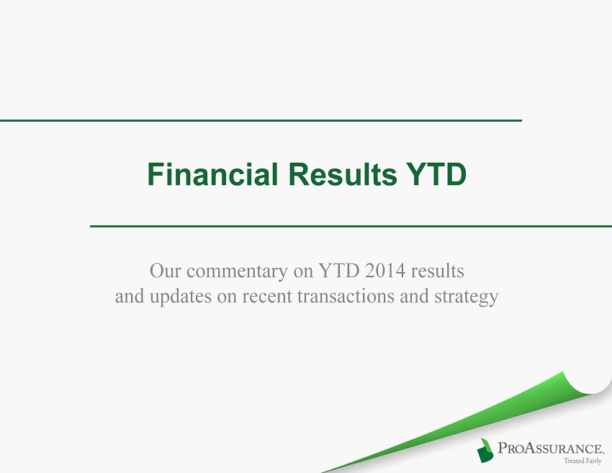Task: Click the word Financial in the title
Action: [x=212, y=174]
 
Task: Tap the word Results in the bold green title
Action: [x=343, y=174]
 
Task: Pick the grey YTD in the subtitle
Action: [x=339, y=271]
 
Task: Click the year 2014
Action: [x=385, y=271]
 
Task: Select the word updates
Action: [x=180, y=297]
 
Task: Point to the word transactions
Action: [x=346, y=296]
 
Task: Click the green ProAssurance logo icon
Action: [x=485, y=451]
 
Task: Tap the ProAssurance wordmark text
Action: [x=551, y=447]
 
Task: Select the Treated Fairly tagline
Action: [x=582, y=461]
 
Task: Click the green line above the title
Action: [x=261, y=121]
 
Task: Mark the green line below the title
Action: [x=351, y=226]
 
